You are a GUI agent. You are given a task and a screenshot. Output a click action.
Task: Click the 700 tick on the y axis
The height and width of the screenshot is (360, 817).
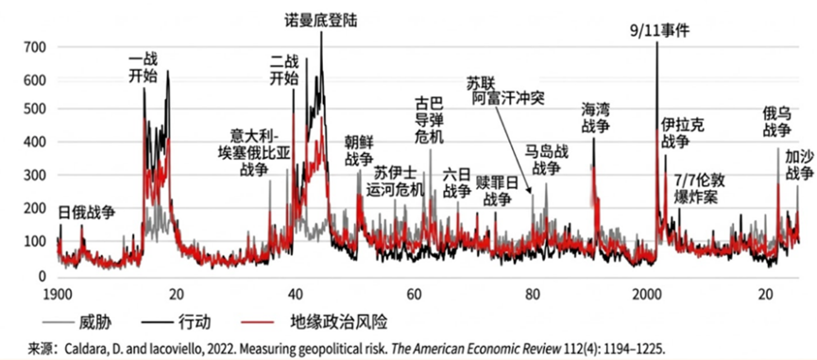click(x=34, y=46)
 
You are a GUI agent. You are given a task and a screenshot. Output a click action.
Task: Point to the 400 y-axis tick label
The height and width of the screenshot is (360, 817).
click(x=34, y=143)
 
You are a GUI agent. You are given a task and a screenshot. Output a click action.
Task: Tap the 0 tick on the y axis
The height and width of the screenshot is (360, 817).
click(x=42, y=275)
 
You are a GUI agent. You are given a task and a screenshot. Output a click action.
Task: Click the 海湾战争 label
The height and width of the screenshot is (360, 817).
click(x=596, y=117)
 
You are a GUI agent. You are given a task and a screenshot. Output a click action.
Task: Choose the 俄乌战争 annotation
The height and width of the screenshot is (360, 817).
click(x=777, y=122)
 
